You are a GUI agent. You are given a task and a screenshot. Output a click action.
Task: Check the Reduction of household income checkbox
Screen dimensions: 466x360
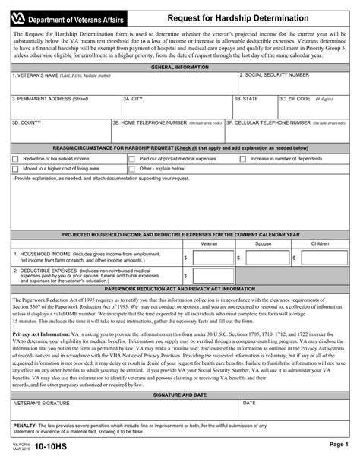click(x=16, y=159)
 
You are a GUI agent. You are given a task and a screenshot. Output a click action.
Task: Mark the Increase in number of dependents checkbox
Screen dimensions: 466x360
click(x=243, y=159)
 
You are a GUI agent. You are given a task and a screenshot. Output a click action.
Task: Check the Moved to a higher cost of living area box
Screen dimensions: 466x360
click(x=16, y=169)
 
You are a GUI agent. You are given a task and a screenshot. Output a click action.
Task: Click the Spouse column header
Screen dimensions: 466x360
click(x=263, y=243)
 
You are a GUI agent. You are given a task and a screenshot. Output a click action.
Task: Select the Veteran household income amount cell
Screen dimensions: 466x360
click(x=209, y=258)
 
